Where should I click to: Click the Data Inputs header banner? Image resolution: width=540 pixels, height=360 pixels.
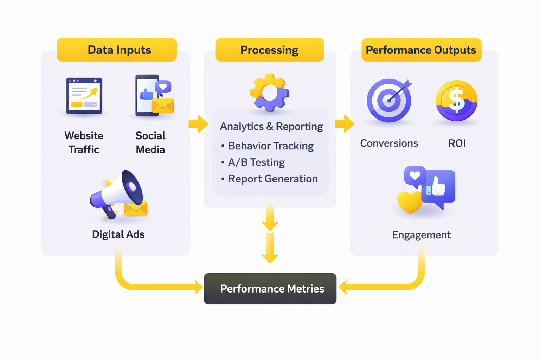tap(117, 50)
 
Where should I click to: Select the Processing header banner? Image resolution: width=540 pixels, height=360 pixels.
tap(270, 50)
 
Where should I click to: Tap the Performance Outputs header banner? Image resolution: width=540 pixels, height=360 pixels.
tap(421, 50)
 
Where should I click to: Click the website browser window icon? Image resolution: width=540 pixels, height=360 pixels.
tap(84, 96)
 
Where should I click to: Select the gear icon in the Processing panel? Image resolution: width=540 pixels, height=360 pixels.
tap(270, 93)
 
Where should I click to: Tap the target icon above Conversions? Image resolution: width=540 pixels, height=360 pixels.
tap(389, 101)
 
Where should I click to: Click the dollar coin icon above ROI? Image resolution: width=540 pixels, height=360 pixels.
tap(456, 101)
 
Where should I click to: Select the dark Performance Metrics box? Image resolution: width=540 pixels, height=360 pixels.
tap(270, 289)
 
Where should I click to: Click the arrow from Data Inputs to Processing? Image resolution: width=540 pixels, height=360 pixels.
tap(198, 124)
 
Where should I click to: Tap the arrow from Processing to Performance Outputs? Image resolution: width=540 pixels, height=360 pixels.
tap(344, 124)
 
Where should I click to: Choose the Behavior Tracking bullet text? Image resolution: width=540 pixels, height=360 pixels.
tap(270, 146)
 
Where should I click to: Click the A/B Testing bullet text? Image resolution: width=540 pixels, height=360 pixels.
tap(256, 162)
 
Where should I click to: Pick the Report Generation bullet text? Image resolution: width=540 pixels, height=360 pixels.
tap(272, 179)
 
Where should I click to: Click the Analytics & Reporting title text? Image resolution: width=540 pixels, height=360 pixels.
tap(271, 127)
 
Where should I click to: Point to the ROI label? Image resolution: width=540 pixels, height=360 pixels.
tap(457, 143)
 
